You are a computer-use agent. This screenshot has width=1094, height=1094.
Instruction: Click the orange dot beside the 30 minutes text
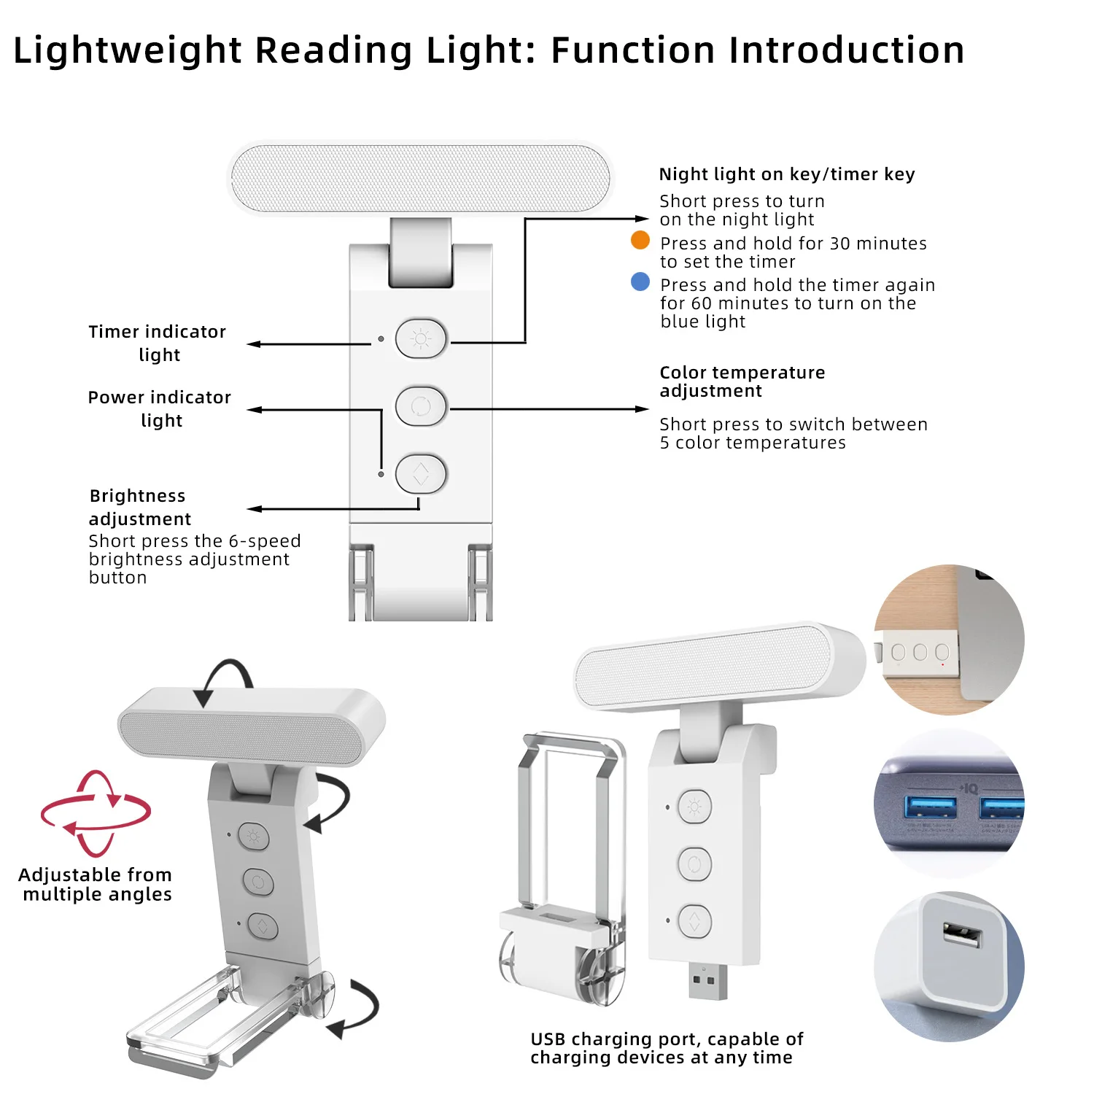pos(640,240)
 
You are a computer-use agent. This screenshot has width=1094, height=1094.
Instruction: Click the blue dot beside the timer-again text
pos(640,282)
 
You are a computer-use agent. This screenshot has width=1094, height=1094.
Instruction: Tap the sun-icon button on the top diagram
pos(421,338)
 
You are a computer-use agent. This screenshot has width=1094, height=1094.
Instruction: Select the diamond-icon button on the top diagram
pos(421,474)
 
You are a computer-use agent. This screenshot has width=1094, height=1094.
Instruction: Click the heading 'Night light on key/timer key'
pos(787,174)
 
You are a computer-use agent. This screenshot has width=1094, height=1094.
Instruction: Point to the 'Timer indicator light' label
pos(158,343)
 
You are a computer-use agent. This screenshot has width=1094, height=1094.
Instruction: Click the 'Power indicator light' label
pos(160,408)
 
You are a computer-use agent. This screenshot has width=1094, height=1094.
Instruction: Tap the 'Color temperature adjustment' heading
pos(742,381)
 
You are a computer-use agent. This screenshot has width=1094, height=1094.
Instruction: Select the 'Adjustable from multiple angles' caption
pos(96,884)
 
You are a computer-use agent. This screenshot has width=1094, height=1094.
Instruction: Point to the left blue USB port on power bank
pos(930,808)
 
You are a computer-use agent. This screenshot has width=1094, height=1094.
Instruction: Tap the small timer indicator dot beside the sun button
pos(381,339)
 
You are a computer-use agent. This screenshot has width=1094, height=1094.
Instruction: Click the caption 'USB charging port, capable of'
pos(667,1039)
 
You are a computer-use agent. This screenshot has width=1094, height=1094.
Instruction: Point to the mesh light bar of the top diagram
pos(420,179)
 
